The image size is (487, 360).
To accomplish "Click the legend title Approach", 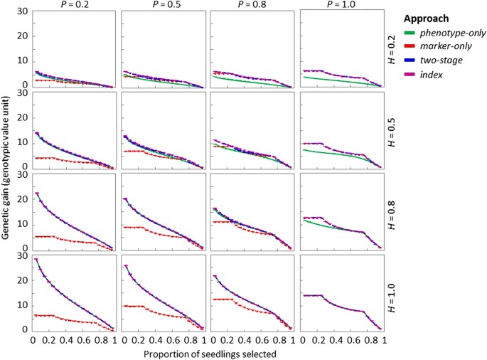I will click(434, 18).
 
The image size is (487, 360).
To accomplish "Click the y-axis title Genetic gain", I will click(7, 171).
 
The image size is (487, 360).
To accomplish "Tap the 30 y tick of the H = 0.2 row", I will click(23, 11).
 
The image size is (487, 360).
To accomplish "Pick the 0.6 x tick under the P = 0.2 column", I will click(82, 340).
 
